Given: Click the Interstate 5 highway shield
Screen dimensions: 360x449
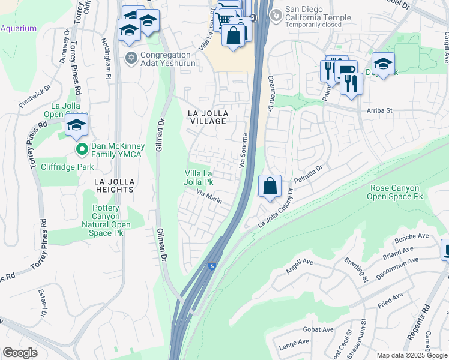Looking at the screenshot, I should [212, 266].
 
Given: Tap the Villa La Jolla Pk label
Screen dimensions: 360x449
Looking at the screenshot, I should [199, 177].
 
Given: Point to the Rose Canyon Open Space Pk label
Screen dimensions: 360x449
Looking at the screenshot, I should [396, 192].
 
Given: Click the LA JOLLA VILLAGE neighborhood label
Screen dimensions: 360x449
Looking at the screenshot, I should [208, 117].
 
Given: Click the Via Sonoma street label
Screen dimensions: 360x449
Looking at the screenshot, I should [244, 150].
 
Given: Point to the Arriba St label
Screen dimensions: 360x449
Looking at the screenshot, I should [379, 110].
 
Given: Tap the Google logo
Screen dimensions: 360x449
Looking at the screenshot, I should [20, 353].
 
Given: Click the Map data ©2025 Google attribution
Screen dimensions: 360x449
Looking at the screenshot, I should [411, 355].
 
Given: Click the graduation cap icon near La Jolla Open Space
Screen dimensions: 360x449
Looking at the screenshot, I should [77, 125].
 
